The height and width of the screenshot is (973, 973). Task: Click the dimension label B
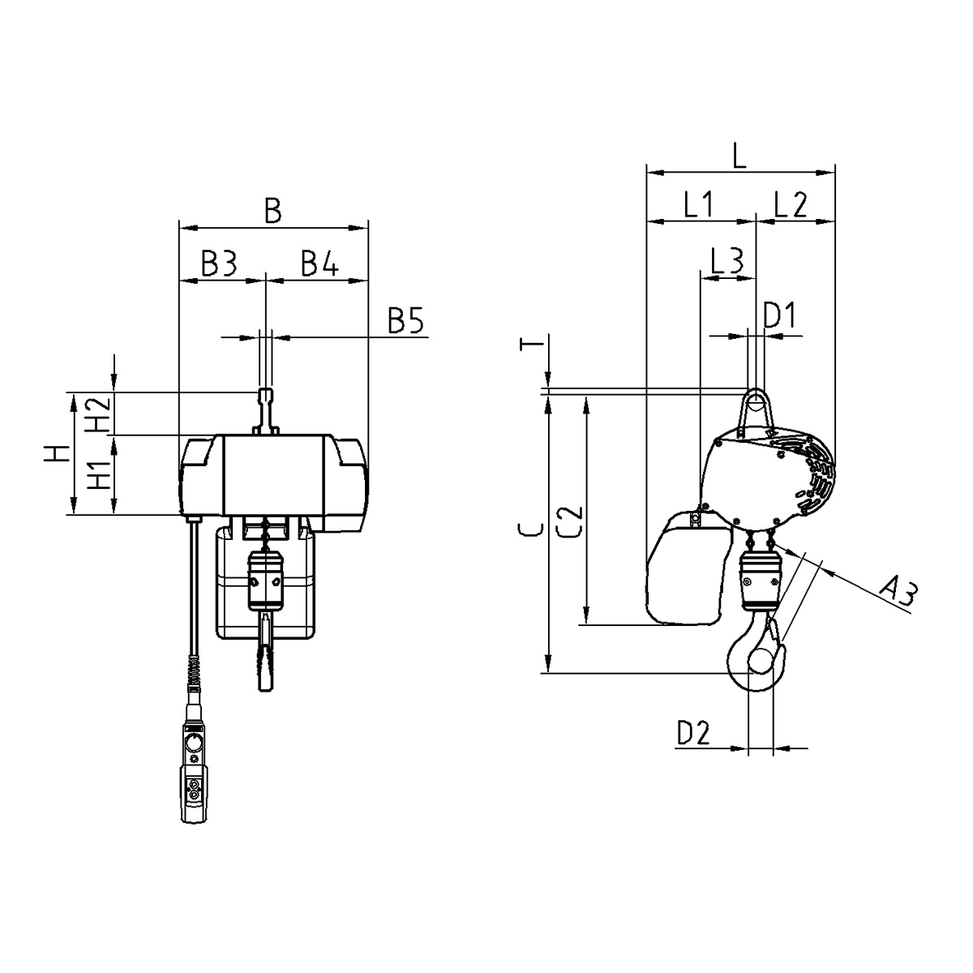(x=273, y=211)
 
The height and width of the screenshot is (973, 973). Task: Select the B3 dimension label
(x=219, y=263)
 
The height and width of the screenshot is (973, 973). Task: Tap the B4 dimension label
(x=319, y=263)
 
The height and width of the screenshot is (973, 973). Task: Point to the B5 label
(x=405, y=319)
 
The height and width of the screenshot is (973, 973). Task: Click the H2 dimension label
(x=97, y=414)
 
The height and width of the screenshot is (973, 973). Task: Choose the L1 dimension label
(x=698, y=205)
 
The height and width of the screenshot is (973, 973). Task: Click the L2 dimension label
(x=791, y=205)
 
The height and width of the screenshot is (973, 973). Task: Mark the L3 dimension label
(x=727, y=261)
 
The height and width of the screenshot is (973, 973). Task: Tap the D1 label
(x=779, y=315)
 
